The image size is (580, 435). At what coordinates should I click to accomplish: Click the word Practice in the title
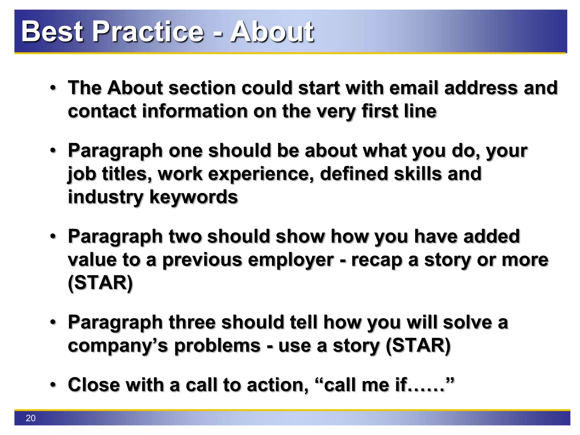coord(148,32)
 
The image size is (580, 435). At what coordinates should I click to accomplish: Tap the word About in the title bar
coord(272,32)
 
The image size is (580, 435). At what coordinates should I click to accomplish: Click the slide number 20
coord(31,418)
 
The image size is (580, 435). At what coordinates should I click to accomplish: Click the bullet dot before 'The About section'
coord(53,88)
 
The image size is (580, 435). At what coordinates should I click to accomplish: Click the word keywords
coord(193,197)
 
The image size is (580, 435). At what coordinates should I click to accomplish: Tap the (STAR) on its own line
coord(100,283)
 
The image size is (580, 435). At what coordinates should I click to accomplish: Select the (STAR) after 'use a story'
coord(418,346)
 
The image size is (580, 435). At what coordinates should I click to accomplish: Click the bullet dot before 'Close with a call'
coord(53,385)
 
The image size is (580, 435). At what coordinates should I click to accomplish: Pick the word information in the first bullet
coord(194,111)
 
